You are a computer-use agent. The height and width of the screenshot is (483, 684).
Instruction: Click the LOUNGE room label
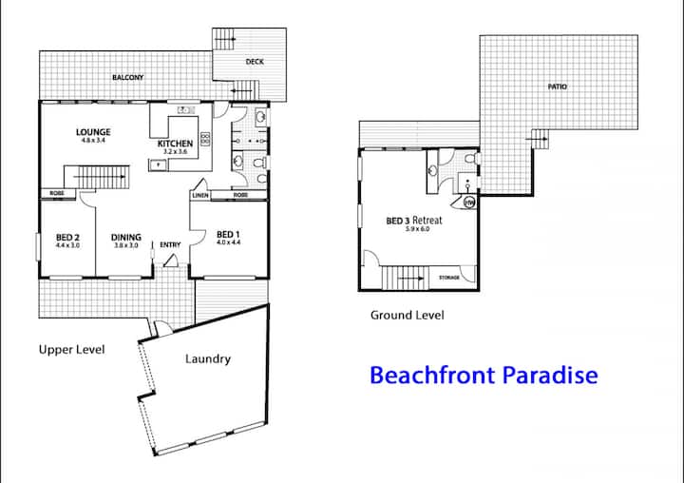coord(93,132)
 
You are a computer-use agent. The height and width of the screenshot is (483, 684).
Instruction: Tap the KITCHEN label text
coord(175,144)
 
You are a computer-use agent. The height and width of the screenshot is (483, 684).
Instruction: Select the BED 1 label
coord(228,235)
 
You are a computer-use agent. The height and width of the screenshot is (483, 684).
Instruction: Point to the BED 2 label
coord(67,237)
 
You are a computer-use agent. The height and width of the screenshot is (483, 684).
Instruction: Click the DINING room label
coord(126,237)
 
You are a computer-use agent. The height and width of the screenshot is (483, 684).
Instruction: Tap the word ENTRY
coord(170,244)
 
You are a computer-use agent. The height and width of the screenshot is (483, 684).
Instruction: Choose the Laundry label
coord(208,359)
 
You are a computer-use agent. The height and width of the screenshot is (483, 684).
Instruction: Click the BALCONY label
coord(128,77)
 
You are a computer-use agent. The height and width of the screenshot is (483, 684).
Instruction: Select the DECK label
coord(255,62)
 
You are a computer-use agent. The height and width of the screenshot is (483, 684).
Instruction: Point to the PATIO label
coord(558,87)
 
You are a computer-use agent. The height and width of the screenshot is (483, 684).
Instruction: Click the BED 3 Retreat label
coord(414,221)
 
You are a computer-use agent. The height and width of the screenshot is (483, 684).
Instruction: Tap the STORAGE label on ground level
coord(448,278)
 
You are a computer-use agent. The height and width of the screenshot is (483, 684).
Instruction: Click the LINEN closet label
coord(200,195)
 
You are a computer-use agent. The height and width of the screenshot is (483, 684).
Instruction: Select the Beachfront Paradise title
coord(484,375)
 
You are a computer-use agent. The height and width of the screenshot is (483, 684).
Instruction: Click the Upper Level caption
coord(71,350)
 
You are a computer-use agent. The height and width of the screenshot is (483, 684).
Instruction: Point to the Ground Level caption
coord(407,315)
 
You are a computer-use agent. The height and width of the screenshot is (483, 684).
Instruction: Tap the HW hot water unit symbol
coord(469,203)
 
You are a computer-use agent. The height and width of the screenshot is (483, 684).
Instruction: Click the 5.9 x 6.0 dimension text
coord(417,229)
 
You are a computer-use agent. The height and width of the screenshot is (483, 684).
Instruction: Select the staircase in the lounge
coord(97,177)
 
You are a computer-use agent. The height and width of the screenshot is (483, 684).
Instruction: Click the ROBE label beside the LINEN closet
coord(240,195)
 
